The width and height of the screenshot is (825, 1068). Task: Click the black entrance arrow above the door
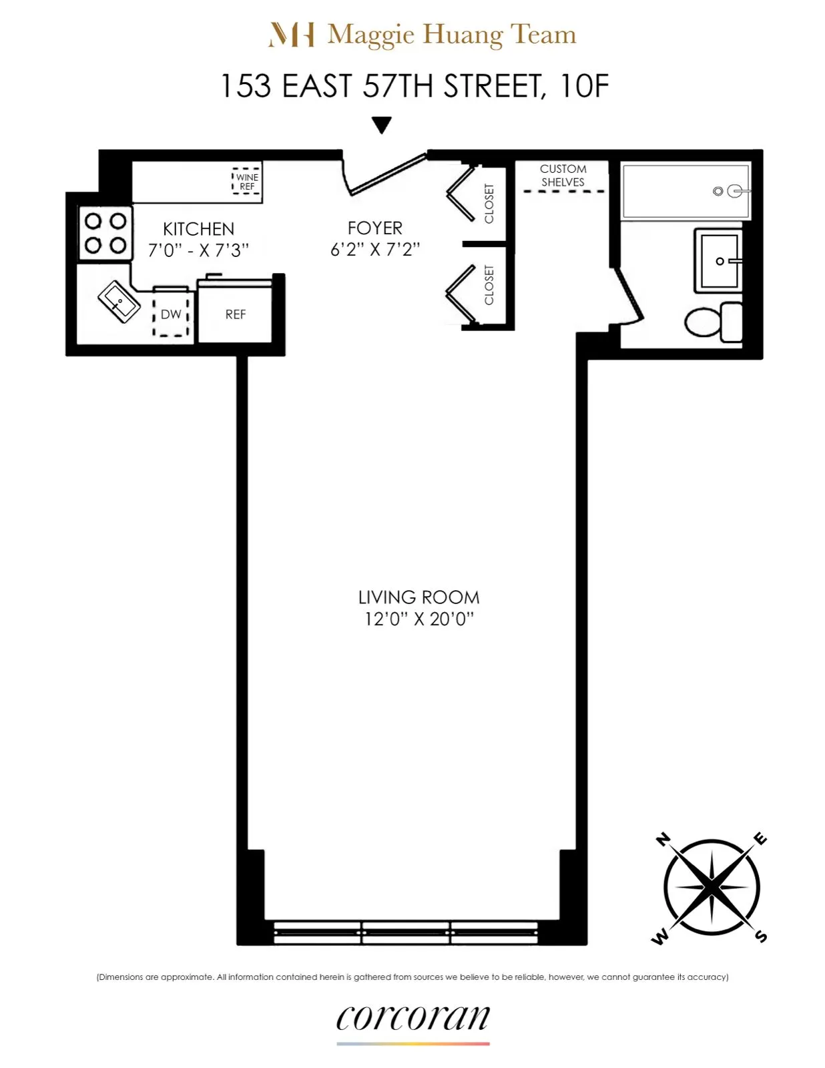[381, 125]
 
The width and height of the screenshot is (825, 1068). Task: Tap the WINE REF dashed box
[246, 182]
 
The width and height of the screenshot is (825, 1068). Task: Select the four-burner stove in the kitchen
[105, 233]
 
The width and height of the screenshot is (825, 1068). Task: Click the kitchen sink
[119, 302]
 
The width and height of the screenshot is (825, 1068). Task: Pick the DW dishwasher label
[171, 314]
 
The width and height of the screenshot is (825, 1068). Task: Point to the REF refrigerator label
[235, 314]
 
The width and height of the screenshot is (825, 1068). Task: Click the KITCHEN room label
[198, 229]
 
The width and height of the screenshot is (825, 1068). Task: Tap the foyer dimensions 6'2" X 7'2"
[374, 250]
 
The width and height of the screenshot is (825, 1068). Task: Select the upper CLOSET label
[489, 204]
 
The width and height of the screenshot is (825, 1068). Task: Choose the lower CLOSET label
[489, 285]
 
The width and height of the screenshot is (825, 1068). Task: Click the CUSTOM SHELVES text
[563, 176]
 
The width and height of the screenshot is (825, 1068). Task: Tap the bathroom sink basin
[720, 261]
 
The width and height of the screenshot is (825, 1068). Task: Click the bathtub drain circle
[718, 192]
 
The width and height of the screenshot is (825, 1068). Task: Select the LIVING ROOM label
[419, 597]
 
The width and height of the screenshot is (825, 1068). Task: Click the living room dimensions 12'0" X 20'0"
[419, 619]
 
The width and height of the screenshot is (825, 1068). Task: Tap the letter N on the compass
[662, 840]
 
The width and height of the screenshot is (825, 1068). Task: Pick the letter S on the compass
[761, 937]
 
